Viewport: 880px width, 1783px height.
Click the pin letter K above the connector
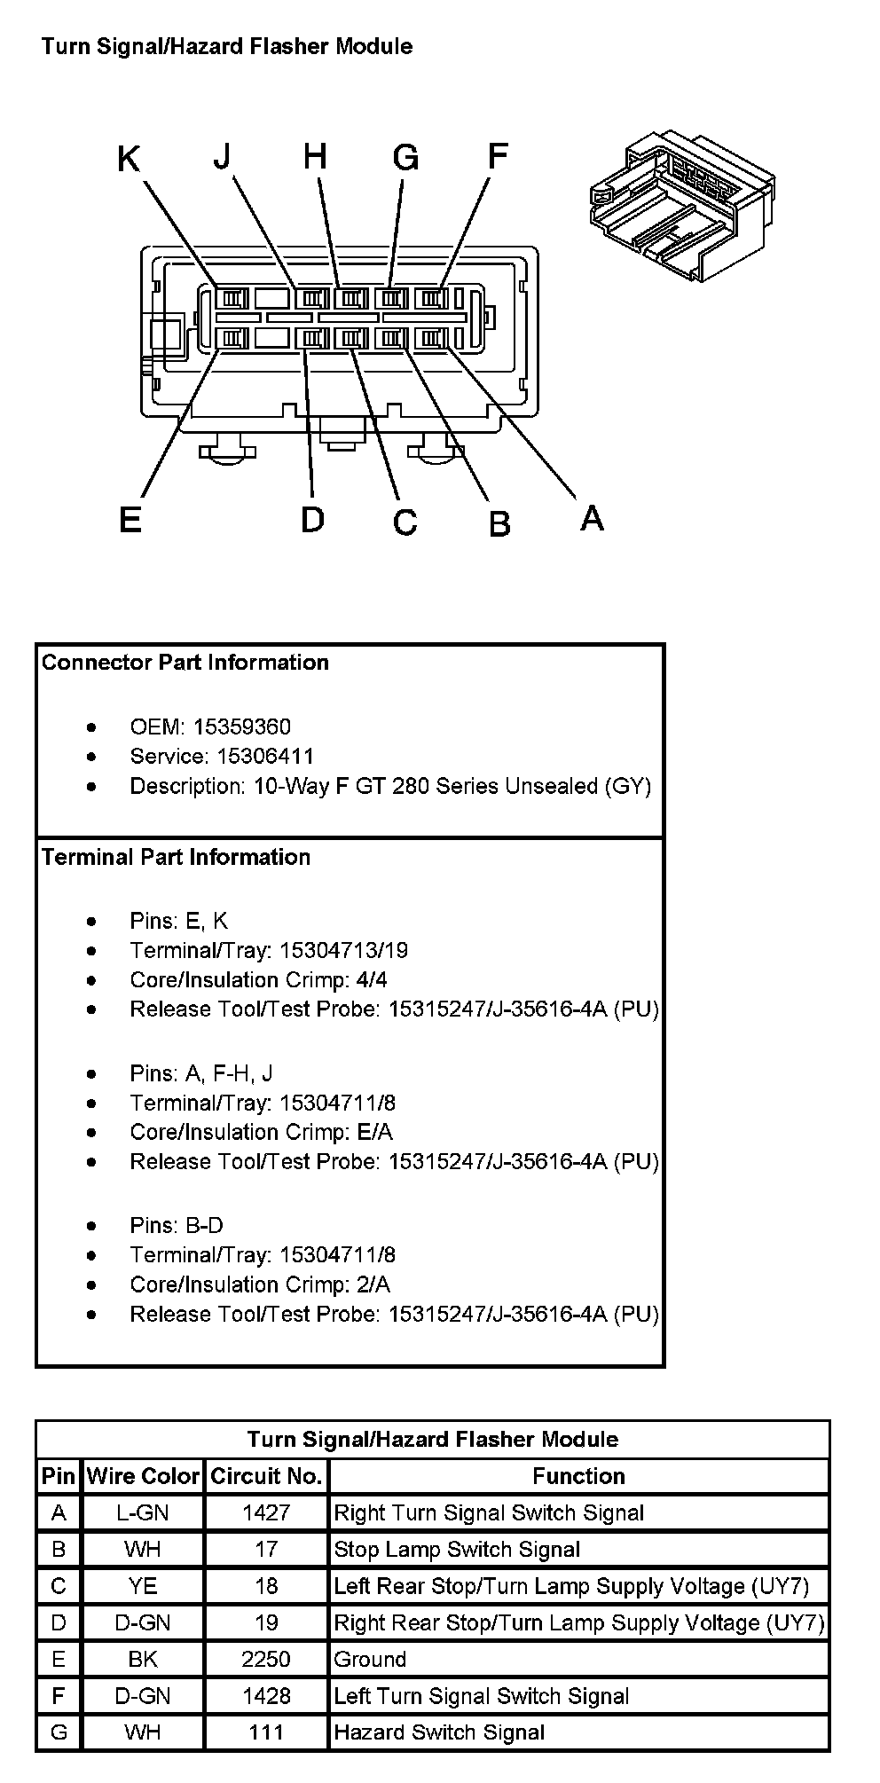129,160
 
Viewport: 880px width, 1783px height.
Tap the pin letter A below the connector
592,516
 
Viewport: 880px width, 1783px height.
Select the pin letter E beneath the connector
130,519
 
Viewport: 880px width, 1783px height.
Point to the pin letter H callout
315,156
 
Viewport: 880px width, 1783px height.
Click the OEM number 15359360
241,727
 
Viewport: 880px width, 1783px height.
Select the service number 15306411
253,757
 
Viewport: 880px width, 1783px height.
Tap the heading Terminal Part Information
176,857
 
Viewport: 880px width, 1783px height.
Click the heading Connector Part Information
185,663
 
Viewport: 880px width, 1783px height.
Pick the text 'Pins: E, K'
178,921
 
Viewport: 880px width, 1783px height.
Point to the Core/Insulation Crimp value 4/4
371,980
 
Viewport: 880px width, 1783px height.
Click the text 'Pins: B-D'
177,1226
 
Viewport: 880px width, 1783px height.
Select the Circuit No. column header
266,1476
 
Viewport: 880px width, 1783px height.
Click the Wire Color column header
143,1476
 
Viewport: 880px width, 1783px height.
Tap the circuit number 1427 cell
266,1512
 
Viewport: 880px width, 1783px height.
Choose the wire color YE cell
143,1586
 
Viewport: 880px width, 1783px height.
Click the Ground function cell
370,1659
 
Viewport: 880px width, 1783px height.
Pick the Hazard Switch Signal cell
439,1732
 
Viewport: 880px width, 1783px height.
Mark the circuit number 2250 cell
266,1659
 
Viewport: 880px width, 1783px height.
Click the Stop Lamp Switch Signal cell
457,1550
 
